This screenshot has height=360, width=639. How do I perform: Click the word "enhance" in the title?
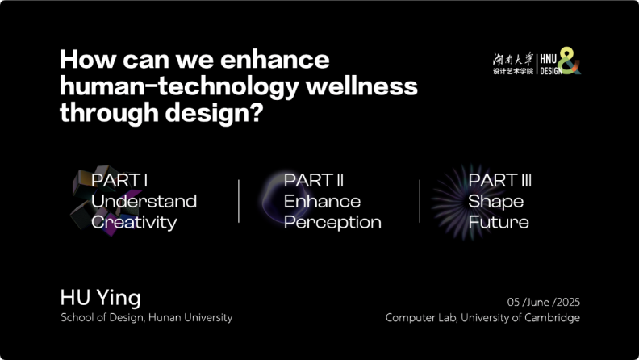[274, 60]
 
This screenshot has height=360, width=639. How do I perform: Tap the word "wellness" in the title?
[361, 86]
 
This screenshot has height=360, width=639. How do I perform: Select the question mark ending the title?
[256, 112]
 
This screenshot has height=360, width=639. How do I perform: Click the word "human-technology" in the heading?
[180, 87]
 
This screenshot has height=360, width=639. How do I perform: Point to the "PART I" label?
[119, 180]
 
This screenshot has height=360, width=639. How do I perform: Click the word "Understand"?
[144, 201]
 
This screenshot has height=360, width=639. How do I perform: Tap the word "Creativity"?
[134, 223]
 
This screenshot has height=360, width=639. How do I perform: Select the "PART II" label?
[314, 180]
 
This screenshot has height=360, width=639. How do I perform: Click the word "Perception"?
[332, 223]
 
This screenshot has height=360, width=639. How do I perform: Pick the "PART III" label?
[500, 180]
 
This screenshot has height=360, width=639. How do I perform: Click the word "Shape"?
[496, 202]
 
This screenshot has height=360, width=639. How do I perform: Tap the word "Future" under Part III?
[499, 222]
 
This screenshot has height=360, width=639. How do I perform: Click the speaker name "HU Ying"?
[100, 298]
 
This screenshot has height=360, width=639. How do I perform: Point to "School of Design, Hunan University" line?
[146, 317]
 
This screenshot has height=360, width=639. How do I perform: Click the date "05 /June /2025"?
[544, 302]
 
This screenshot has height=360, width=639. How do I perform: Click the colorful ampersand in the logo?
[570, 61]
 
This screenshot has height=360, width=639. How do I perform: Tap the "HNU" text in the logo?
[549, 59]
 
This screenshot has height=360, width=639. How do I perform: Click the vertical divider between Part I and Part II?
[239, 201]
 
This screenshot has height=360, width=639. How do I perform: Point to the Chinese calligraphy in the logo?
[512, 59]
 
